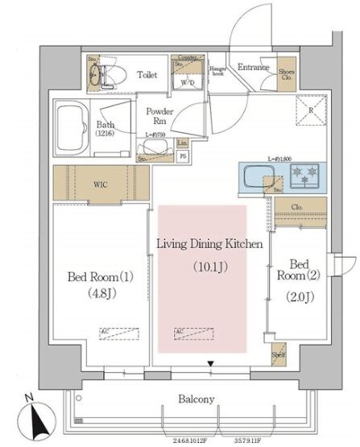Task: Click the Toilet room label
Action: click(147, 75)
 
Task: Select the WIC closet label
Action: click(100, 184)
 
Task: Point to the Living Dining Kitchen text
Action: click(209, 244)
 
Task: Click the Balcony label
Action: click(197, 399)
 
